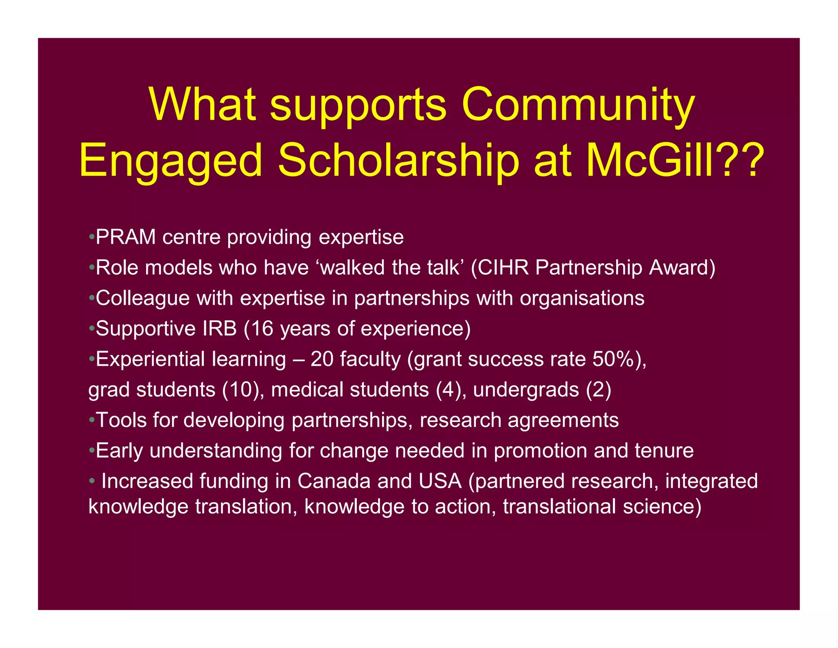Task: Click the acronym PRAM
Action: tap(126, 237)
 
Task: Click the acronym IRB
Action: tap(219, 329)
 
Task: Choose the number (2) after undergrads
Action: tap(599, 390)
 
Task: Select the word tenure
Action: tap(664, 451)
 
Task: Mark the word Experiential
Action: tap(150, 359)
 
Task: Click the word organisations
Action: tap(582, 298)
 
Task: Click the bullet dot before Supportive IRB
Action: tap(92, 329)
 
